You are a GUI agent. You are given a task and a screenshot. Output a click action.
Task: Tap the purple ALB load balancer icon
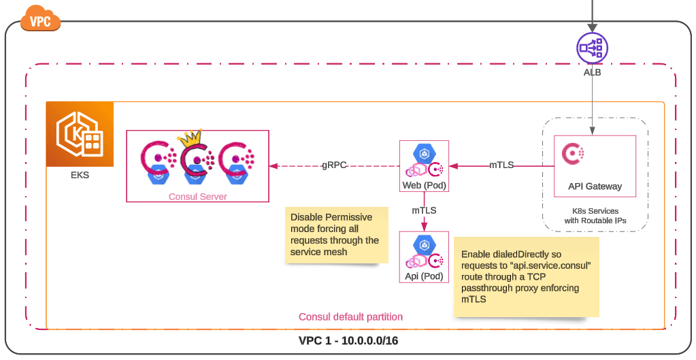point(592,48)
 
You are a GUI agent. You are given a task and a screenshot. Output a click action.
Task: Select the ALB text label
point(592,71)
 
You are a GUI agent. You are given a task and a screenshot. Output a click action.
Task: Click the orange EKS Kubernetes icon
point(80,134)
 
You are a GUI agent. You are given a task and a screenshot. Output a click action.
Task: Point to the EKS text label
point(80,175)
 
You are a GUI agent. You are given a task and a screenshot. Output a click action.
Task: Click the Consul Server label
point(197,197)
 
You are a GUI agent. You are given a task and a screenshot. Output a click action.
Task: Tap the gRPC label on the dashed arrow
point(335,165)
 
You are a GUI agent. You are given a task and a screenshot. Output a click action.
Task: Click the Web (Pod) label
point(424,186)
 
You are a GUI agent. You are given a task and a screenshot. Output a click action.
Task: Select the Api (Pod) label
point(424,276)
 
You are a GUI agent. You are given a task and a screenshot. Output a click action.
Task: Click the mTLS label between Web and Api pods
point(424,210)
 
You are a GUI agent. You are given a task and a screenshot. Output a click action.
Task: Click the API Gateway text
point(595,186)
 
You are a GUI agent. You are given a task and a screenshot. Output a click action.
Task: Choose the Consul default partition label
point(350,316)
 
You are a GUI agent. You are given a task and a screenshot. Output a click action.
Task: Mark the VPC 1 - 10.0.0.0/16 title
point(348,341)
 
